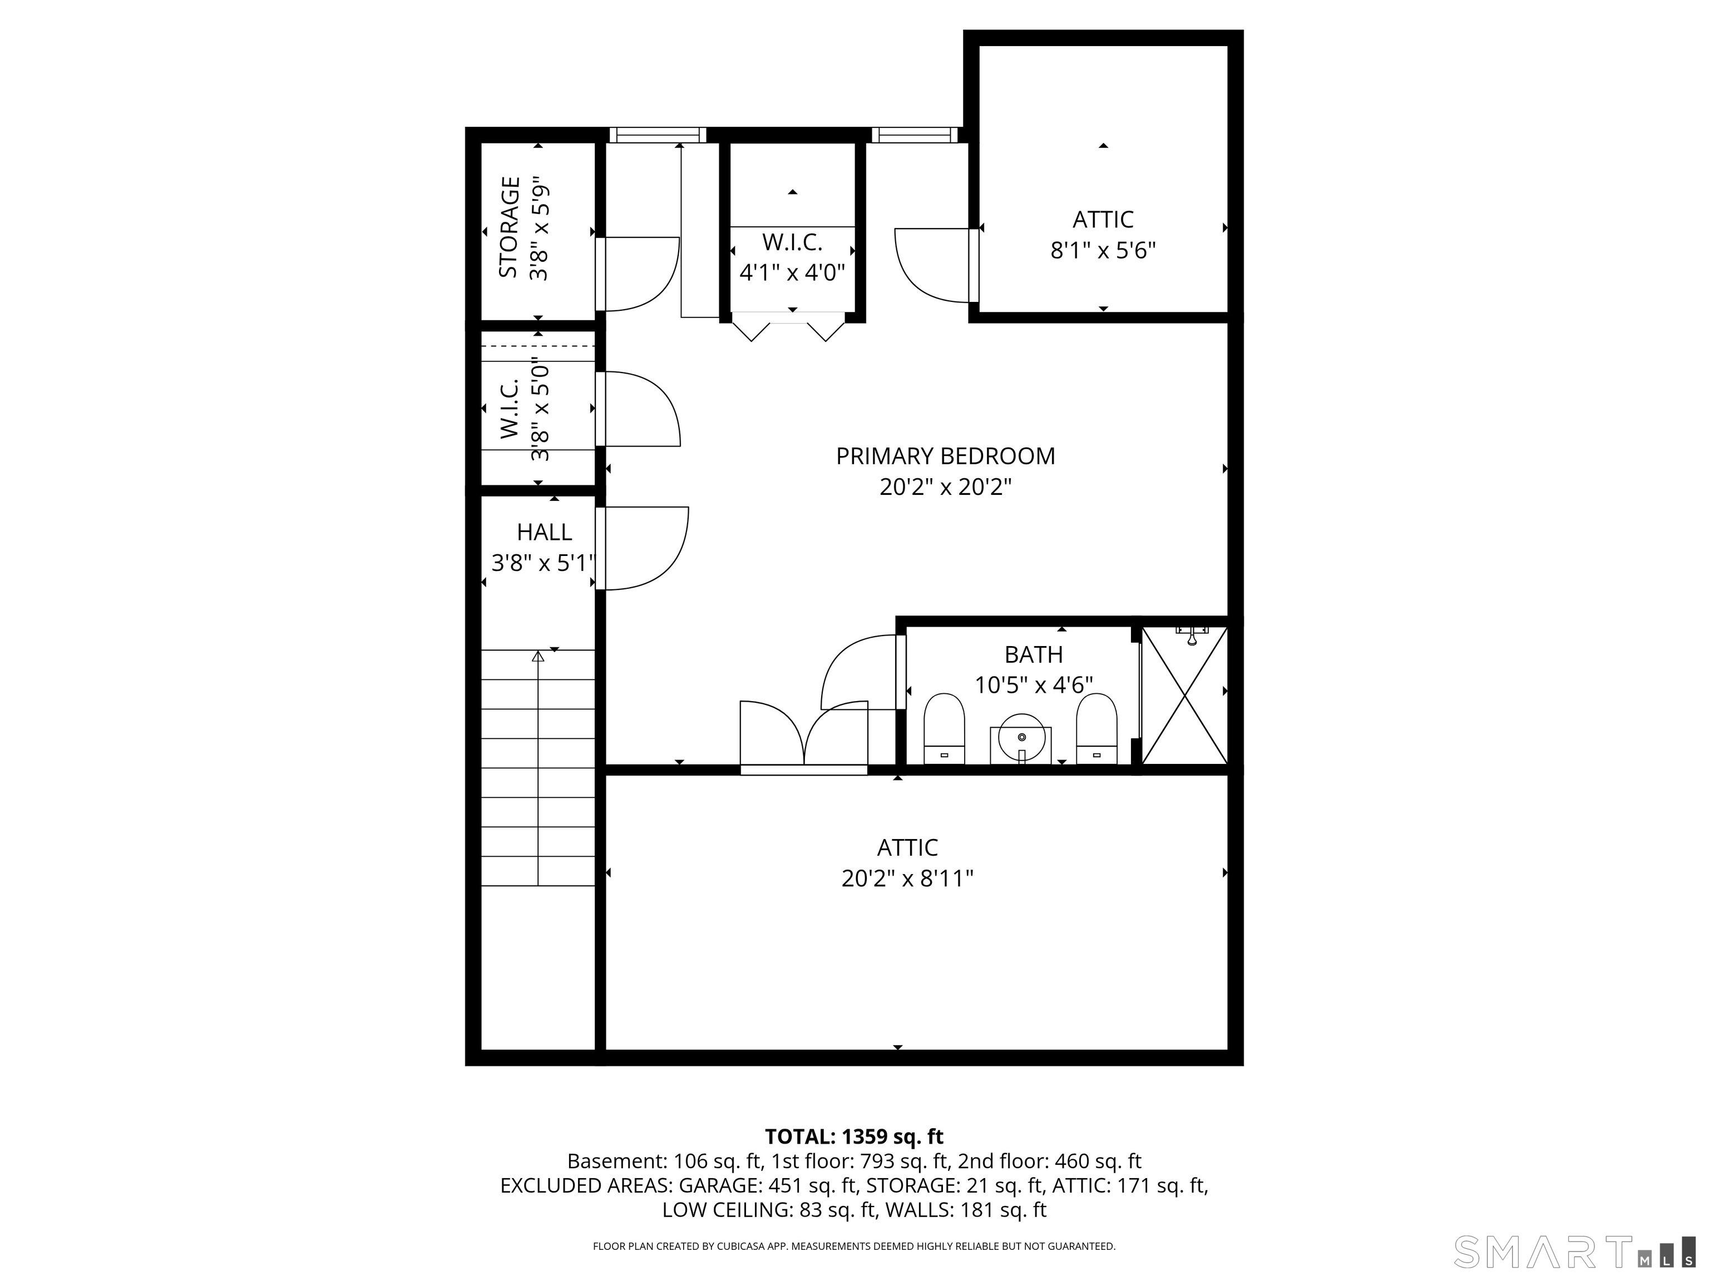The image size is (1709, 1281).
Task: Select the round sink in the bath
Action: pos(1021,737)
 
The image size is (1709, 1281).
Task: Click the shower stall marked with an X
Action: pos(1184,696)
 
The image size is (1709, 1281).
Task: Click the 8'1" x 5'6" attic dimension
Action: pos(1103,251)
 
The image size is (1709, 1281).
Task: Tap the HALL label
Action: pos(544,532)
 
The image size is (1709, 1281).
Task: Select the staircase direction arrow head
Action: pos(538,656)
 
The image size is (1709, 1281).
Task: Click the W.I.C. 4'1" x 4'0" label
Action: pos(792,257)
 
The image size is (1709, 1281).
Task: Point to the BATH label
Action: pos(1034,655)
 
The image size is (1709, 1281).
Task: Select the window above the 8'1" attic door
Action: pos(915,135)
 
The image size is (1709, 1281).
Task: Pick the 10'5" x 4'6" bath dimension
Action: pos(1034,686)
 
